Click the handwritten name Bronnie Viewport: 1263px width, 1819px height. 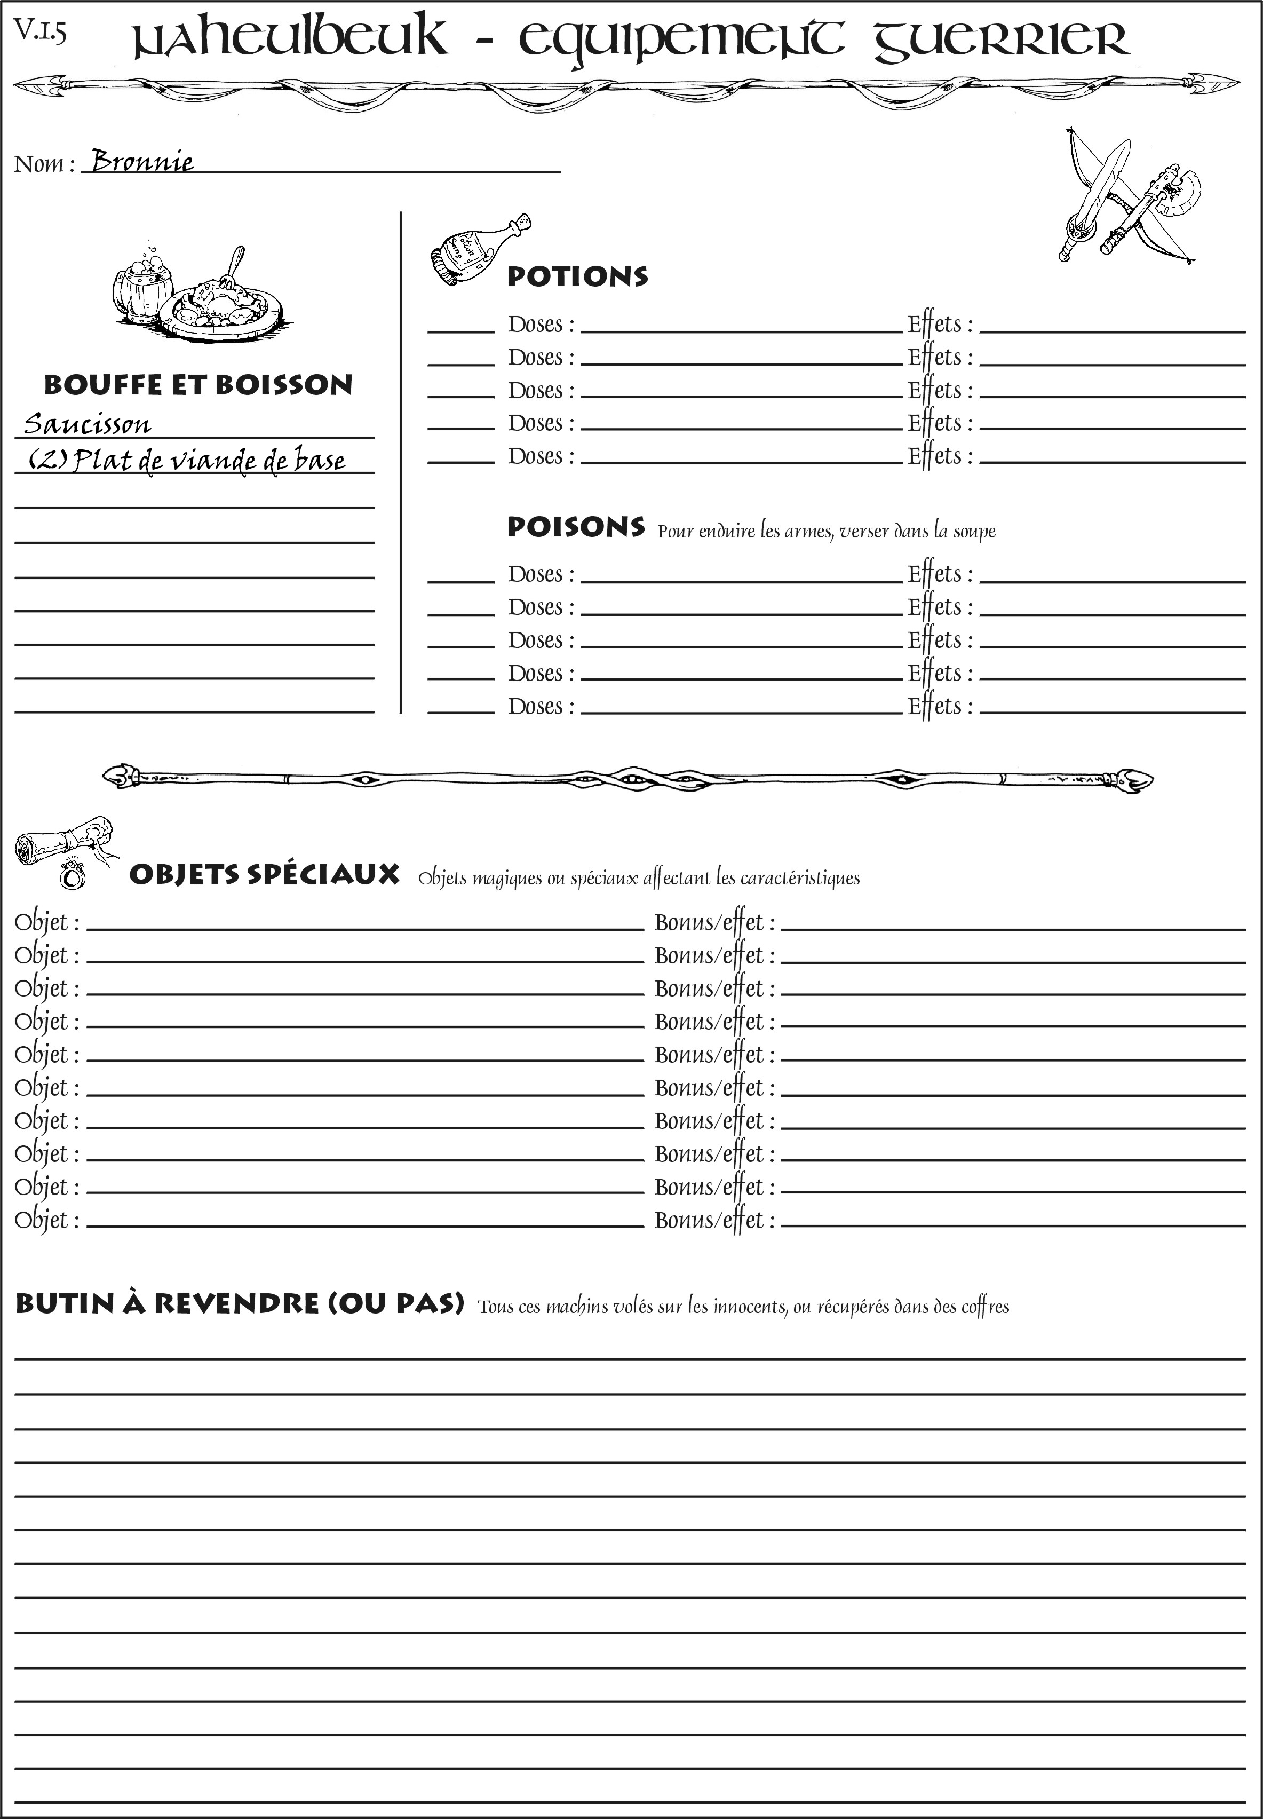tap(142, 162)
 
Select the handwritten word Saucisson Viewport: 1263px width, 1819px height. tap(87, 424)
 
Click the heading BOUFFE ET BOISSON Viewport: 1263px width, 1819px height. tap(198, 385)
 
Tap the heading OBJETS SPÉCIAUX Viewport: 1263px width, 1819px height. tap(264, 875)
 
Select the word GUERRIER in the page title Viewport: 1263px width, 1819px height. tap(1001, 39)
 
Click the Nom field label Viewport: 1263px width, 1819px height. tap(44, 164)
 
